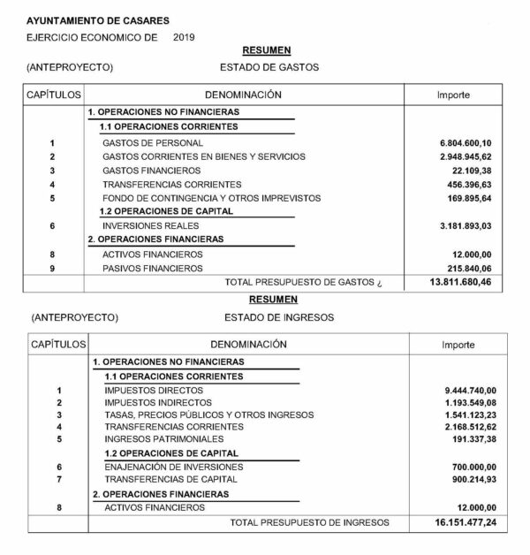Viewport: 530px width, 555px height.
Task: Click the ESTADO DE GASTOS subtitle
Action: (x=268, y=67)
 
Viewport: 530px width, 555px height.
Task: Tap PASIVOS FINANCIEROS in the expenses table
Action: (x=153, y=268)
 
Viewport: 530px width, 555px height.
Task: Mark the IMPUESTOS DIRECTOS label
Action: (x=147, y=390)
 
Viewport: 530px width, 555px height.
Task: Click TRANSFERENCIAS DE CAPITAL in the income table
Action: (x=162, y=479)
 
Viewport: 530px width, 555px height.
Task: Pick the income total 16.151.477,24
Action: (x=465, y=523)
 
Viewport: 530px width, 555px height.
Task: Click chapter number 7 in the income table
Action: (x=58, y=479)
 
